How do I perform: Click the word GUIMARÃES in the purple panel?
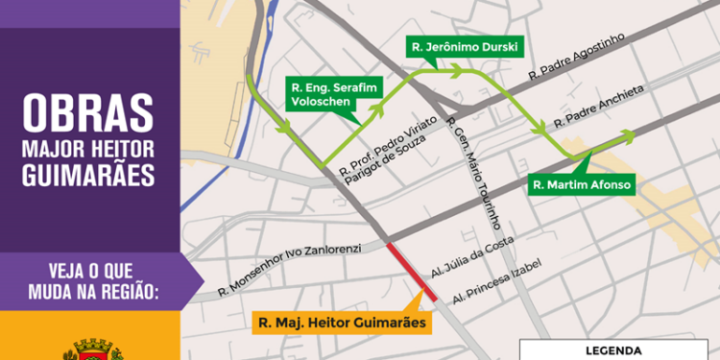(x=89, y=176)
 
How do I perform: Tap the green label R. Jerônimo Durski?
(x=452, y=46)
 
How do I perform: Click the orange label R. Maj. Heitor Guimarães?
(x=342, y=323)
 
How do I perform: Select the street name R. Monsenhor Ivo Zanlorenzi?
(x=288, y=267)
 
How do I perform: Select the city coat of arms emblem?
(x=88, y=348)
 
